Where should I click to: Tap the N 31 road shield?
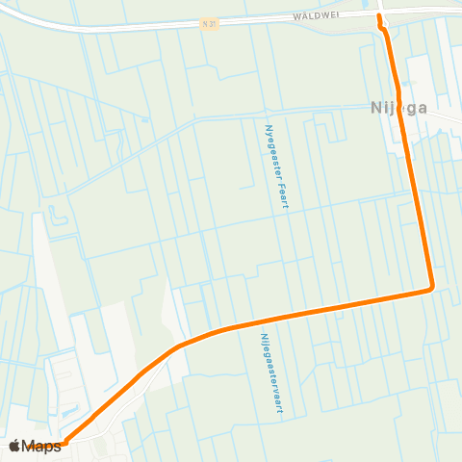(211, 22)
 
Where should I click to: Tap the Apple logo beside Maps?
(14, 446)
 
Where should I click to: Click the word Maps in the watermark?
(41, 446)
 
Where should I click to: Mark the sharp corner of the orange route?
(430, 286)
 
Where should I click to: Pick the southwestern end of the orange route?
(63, 444)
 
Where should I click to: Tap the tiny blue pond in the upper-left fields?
(60, 214)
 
